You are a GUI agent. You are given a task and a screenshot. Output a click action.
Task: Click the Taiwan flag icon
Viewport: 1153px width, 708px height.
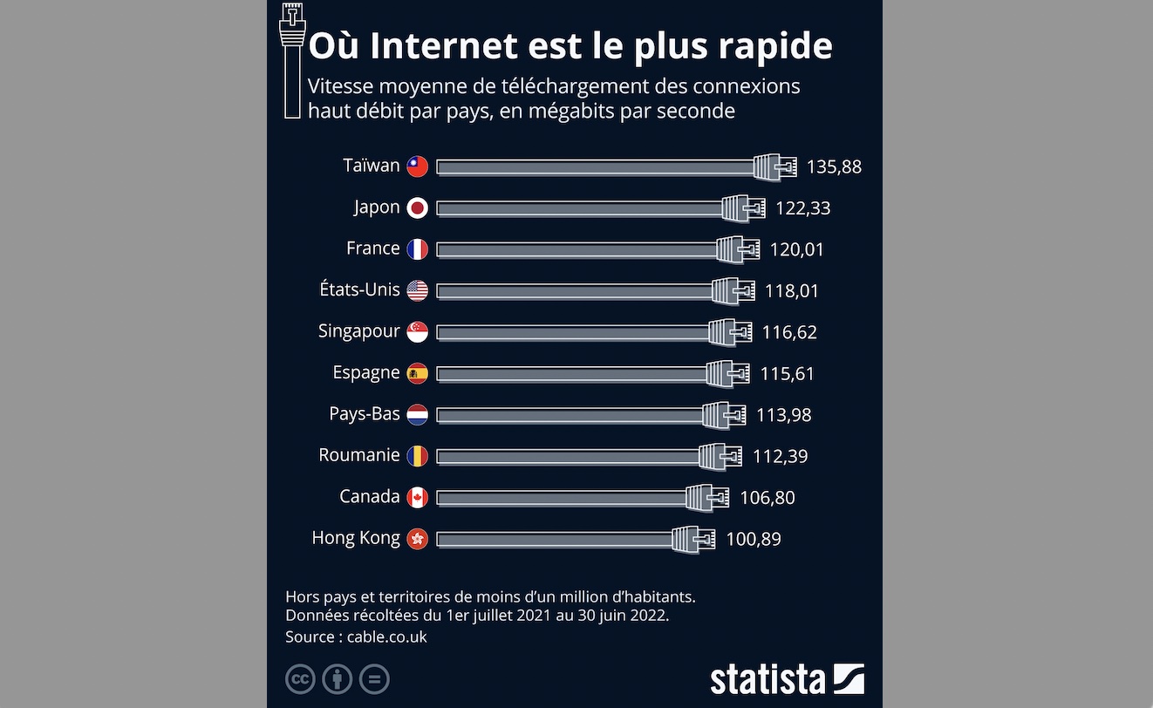418,166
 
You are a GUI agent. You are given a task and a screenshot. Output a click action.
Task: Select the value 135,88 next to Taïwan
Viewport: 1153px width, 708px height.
834,167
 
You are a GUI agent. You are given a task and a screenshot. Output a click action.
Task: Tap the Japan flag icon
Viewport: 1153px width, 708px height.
418,208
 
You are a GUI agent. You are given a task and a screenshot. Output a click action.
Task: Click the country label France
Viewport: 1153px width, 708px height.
372,248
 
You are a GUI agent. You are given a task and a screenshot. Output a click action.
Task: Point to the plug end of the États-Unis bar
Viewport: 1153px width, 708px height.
733,290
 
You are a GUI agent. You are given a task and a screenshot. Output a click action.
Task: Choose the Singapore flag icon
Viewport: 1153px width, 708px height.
418,332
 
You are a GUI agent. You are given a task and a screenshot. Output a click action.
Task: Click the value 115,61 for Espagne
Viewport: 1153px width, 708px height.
787,373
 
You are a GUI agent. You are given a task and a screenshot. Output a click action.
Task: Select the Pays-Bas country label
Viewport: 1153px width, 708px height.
364,414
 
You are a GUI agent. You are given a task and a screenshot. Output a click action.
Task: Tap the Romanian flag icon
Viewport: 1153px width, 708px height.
418,456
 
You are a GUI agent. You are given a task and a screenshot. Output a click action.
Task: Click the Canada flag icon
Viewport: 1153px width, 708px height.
418,497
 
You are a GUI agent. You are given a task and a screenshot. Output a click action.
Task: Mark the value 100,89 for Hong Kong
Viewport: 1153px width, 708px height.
754,539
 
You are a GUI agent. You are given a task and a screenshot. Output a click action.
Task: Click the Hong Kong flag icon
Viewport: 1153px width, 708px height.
418,539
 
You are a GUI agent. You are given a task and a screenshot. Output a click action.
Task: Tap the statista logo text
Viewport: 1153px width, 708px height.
767,679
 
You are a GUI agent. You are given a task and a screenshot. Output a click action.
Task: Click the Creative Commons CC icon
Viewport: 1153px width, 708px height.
300,679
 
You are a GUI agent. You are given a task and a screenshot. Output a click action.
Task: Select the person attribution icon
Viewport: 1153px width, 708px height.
338,679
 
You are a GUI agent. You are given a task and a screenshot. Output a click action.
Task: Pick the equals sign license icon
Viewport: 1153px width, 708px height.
375,679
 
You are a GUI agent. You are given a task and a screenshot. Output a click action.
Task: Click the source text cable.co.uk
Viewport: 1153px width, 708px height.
386,637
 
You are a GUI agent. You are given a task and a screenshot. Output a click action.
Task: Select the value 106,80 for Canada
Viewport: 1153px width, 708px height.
767,498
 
